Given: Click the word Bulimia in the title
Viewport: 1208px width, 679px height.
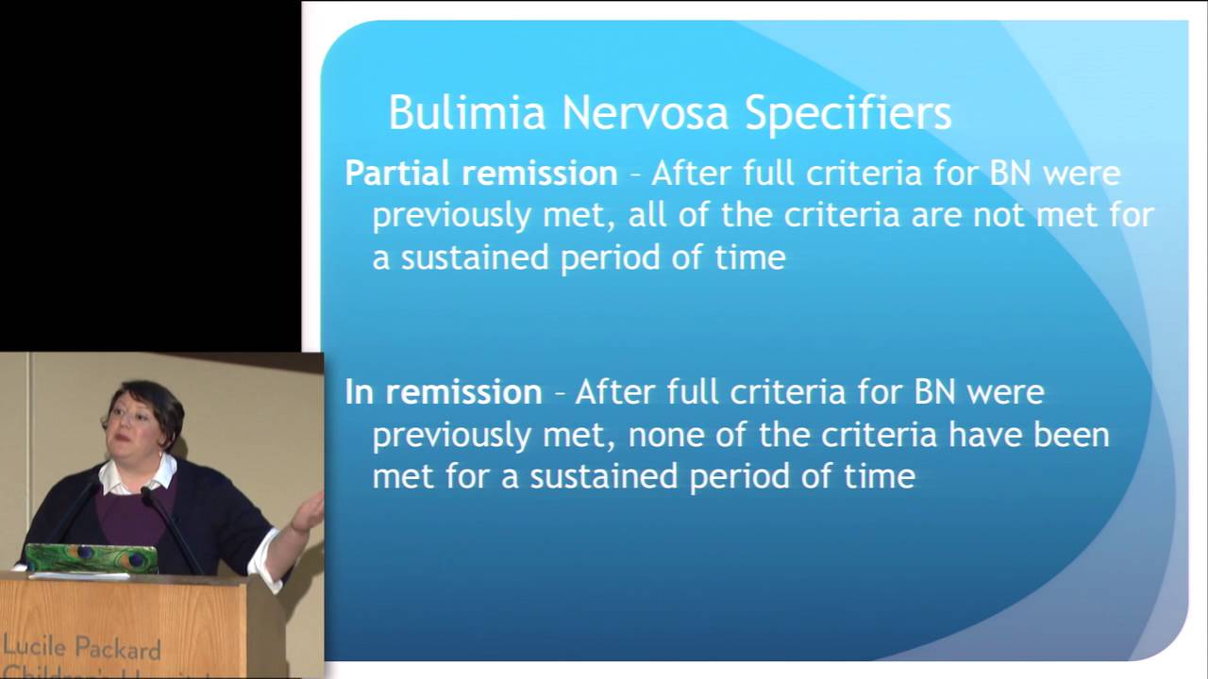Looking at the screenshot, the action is click(x=467, y=112).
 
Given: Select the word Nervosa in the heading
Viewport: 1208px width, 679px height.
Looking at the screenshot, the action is click(x=646, y=112).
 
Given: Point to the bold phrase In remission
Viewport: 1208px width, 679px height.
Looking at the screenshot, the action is click(x=444, y=391).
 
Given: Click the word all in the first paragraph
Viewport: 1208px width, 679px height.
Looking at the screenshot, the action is click(x=646, y=214).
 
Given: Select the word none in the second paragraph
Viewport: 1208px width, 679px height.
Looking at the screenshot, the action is click(x=666, y=436).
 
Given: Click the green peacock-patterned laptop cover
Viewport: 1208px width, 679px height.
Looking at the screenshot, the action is click(x=92, y=558).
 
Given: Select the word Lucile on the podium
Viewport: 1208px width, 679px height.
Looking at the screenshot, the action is click(x=35, y=645).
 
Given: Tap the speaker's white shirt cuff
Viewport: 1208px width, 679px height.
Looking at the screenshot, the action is click(x=266, y=560).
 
